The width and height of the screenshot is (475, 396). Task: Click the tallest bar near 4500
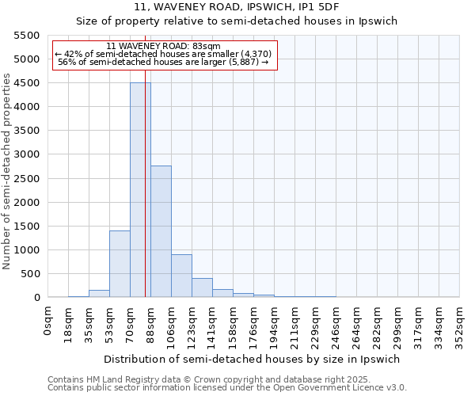point(140,190)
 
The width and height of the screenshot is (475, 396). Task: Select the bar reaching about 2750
point(161,231)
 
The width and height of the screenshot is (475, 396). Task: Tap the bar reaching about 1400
point(120,264)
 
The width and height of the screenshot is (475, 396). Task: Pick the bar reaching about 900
point(181,276)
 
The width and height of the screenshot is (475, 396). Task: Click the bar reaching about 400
point(202,287)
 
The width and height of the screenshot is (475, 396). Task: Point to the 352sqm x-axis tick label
point(460,322)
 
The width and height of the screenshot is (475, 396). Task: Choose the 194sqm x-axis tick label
point(275,322)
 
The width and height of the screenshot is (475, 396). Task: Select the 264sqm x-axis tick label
point(357,322)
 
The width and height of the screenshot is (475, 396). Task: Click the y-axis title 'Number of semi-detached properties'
point(7,171)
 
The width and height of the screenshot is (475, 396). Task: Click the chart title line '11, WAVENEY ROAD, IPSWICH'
point(237,6)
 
